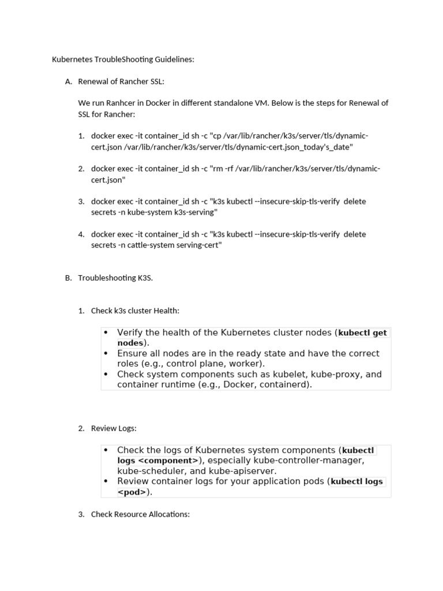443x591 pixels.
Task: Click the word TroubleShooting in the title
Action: tap(123, 59)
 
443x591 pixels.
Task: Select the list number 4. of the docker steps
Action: tap(81, 234)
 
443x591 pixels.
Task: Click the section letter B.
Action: tap(68, 278)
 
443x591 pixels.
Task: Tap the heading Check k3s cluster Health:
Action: tap(135, 311)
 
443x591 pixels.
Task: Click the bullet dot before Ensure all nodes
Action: tap(106, 353)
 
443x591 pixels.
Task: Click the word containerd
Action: tap(285, 384)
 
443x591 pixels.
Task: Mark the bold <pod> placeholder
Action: tap(132, 492)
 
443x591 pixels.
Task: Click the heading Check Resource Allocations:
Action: tap(140, 514)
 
